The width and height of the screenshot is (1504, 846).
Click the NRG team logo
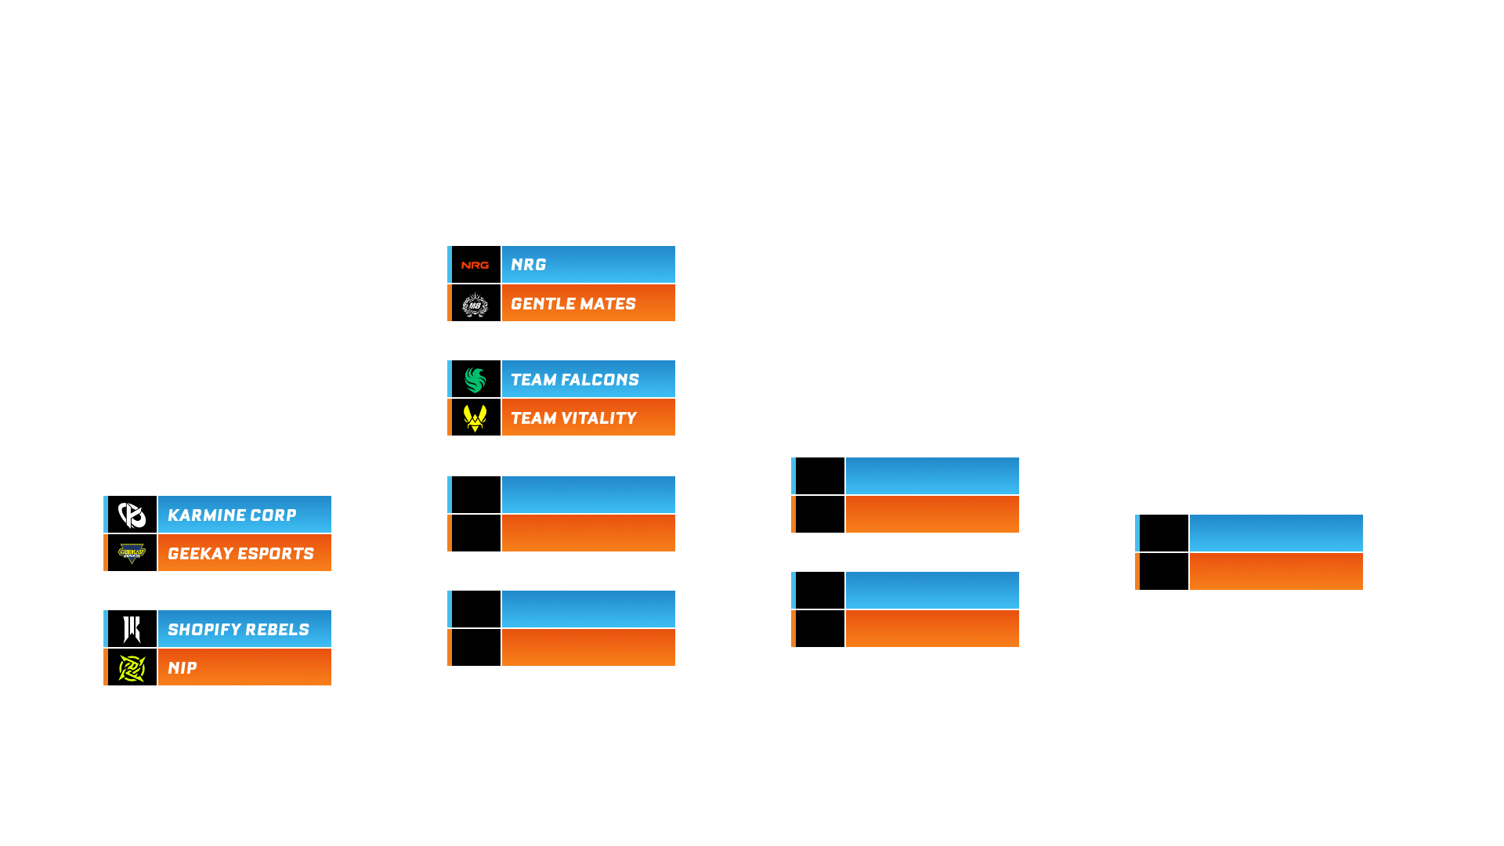[x=475, y=265]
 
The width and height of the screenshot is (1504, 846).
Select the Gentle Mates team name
[x=573, y=304]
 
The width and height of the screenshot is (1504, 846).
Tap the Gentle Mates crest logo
[x=475, y=303]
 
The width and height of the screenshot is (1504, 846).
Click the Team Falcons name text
[x=575, y=380]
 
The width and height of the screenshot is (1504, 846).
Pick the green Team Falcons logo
[x=475, y=380]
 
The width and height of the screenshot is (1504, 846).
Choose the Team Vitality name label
[x=573, y=418]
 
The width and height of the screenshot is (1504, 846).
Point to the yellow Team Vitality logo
[x=475, y=418]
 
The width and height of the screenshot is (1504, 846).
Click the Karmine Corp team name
[x=232, y=515]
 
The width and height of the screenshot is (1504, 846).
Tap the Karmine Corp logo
[x=132, y=515]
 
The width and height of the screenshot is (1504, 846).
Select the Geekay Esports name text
[x=240, y=554]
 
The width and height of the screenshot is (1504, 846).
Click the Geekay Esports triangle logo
[x=132, y=554]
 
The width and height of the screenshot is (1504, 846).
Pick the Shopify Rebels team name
[x=238, y=630]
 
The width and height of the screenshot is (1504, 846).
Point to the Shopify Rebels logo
[x=132, y=629]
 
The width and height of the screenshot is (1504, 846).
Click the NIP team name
[x=183, y=668]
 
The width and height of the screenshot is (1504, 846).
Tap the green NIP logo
[x=132, y=668]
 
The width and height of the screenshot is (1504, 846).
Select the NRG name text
[x=529, y=265]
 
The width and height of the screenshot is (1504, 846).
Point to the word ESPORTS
[x=277, y=554]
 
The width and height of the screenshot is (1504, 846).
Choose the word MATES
[x=604, y=304]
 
